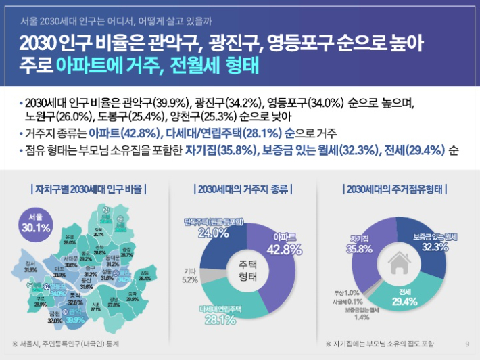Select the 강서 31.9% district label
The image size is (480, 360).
tap(30, 266)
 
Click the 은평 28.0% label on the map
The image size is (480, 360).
tap(70, 238)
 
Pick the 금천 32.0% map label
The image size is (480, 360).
tap(55, 319)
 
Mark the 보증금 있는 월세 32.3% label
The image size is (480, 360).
tap(435, 242)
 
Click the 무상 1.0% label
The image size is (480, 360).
tap(346, 292)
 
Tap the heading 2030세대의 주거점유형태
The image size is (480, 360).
tap(395, 188)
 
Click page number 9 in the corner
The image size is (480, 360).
tap(467, 344)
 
